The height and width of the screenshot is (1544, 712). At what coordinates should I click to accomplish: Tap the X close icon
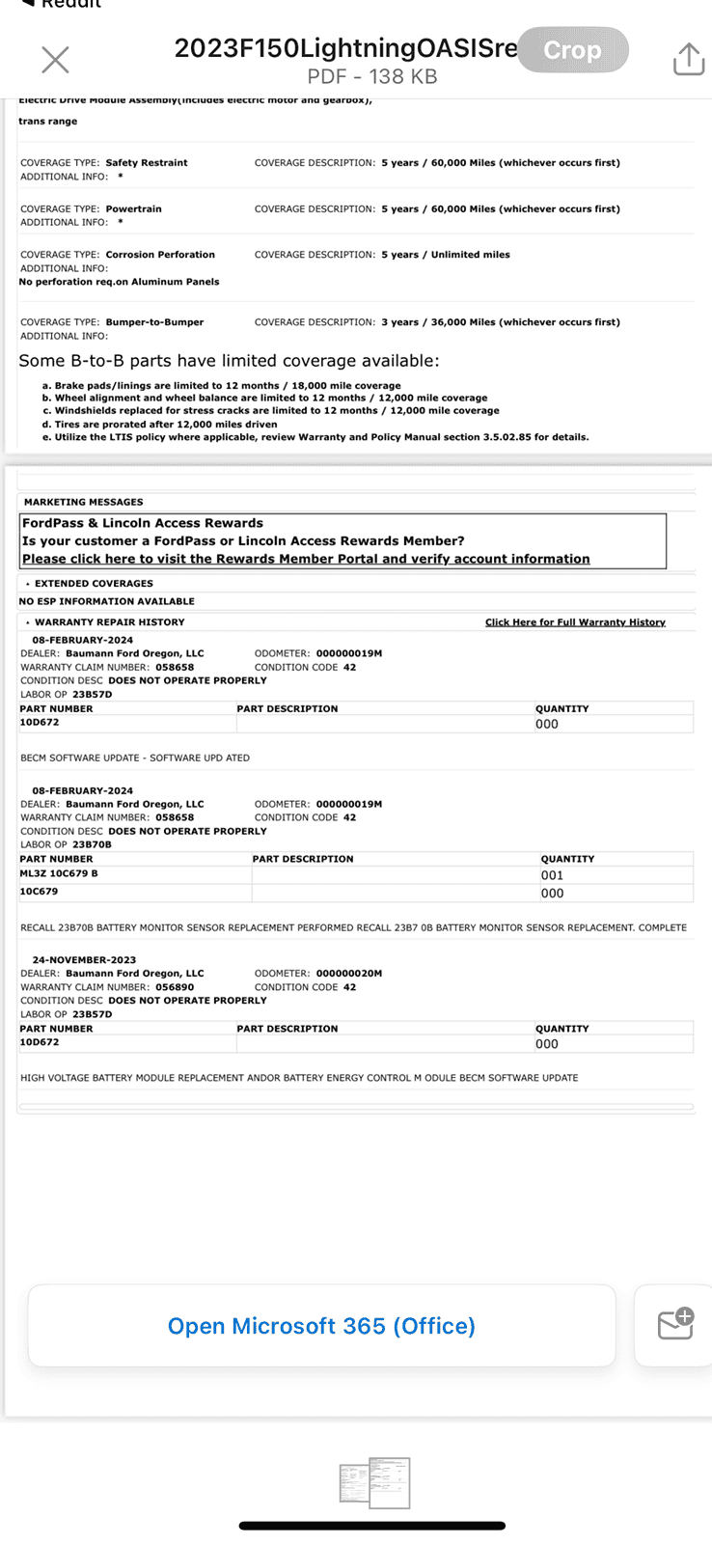(56, 60)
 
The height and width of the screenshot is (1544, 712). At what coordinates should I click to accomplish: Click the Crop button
(573, 50)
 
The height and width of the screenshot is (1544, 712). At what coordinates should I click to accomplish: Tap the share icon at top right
(688, 59)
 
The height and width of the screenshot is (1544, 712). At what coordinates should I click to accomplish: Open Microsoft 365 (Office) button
(321, 1326)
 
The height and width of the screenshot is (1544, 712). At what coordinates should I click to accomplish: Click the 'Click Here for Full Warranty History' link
(575, 622)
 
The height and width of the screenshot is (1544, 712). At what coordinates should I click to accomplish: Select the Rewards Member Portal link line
(306, 559)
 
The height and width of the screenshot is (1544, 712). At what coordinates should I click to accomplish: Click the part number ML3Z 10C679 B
(59, 874)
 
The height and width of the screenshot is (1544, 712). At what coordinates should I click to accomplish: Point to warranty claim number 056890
(175, 987)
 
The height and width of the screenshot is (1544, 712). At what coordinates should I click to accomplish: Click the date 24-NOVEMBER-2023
(84, 960)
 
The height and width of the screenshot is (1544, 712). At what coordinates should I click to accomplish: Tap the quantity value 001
(552, 875)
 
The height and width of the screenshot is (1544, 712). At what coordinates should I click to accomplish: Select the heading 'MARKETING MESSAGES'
(83, 502)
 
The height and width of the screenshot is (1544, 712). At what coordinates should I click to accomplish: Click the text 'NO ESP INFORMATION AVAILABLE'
(106, 601)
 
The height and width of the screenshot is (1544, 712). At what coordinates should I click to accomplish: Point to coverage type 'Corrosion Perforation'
(160, 255)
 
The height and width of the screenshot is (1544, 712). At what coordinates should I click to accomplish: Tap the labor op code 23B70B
(92, 844)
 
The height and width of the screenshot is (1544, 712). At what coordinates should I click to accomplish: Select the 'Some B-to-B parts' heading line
(229, 361)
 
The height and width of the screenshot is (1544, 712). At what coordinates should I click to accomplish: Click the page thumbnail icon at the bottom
(375, 1483)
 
